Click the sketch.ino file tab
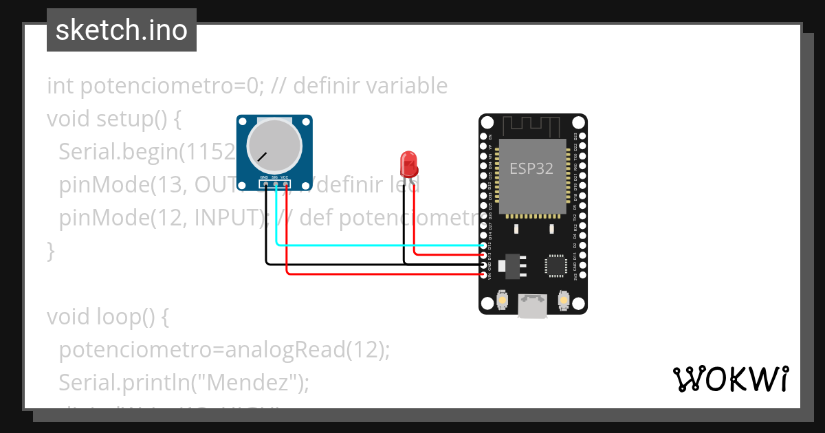[121, 30]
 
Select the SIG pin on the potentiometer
[275, 185]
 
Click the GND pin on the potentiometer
[265, 185]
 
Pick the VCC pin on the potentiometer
[285, 185]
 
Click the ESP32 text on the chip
[531, 168]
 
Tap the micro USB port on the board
[533, 305]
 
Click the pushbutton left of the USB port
[503, 300]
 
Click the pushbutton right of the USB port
[563, 300]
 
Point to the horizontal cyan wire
[378, 245]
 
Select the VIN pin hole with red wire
[486, 275]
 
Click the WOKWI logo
[730, 379]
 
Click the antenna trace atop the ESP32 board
[532, 126]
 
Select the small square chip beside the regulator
[555, 266]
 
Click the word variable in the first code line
[406, 86]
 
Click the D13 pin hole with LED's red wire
[486, 255]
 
